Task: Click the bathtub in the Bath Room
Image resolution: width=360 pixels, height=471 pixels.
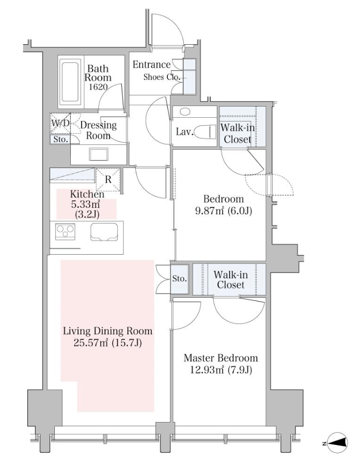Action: [x=71, y=81]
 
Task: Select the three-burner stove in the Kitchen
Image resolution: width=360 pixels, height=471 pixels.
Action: [x=65, y=232]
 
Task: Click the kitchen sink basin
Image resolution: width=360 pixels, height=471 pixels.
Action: [x=104, y=232]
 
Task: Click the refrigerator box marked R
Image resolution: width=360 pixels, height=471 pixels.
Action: [x=108, y=180]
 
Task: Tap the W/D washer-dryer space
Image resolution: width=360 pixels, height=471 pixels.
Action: [x=60, y=123]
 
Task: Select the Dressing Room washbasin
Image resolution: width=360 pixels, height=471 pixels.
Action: [x=99, y=155]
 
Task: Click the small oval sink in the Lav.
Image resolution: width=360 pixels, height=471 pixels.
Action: [x=185, y=112]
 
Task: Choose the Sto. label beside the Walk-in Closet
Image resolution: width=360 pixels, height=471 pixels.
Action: [x=179, y=279]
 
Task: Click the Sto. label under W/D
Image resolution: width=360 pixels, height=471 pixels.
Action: [x=61, y=140]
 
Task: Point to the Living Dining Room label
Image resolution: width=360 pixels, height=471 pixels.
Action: [x=108, y=331]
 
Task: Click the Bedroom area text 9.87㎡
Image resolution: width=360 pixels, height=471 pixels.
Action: [x=210, y=211]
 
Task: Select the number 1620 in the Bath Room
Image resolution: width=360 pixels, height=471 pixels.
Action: [x=98, y=87]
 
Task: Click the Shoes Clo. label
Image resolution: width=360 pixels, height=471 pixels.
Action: [x=162, y=77]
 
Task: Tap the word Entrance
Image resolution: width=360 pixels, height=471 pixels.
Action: [x=152, y=64]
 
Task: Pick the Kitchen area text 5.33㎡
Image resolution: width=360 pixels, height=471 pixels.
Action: [x=85, y=205]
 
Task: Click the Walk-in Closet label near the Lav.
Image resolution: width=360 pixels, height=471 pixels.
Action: [x=238, y=134]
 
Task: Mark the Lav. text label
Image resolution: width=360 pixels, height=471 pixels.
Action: [x=185, y=132]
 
